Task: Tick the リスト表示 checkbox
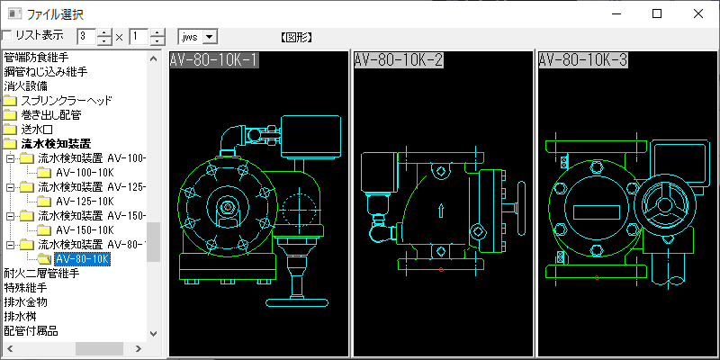[x=7, y=36]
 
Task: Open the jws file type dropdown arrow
[x=210, y=37]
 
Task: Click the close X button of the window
[x=698, y=13]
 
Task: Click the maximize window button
[x=657, y=13]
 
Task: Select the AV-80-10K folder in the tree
[x=82, y=259]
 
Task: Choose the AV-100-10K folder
[x=85, y=173]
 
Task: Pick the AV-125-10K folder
[x=85, y=201]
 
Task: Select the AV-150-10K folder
[x=85, y=230]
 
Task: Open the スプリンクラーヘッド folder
[x=66, y=101]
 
